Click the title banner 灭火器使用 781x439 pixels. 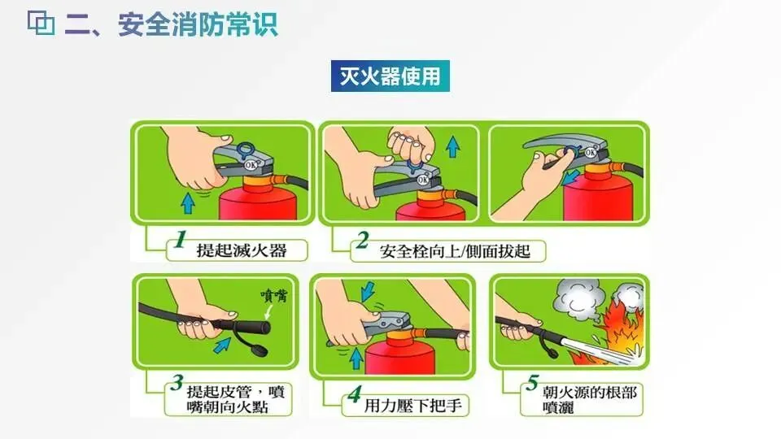pyautogui.click(x=390, y=76)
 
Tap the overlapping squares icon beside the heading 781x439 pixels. pyautogui.click(x=41, y=24)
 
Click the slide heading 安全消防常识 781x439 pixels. pyautogui.click(x=198, y=24)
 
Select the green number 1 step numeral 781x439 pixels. pyautogui.click(x=181, y=239)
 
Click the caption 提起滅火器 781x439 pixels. pyautogui.click(x=242, y=250)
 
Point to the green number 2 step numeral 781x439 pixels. pyautogui.click(x=362, y=241)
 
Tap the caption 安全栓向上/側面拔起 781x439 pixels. pyautogui.click(x=455, y=251)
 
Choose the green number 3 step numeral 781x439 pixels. pyautogui.click(x=177, y=382)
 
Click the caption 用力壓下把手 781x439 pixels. pyautogui.click(x=413, y=406)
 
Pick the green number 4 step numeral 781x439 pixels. pyautogui.click(x=354, y=394)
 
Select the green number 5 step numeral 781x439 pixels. pyautogui.click(x=532, y=382)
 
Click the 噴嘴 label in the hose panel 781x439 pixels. pyautogui.click(x=274, y=296)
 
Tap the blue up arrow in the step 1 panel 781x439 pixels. pyautogui.click(x=188, y=203)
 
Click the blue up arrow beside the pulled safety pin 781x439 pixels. pyautogui.click(x=453, y=147)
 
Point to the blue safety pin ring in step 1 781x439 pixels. pyautogui.click(x=245, y=150)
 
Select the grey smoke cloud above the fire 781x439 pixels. pyautogui.click(x=578, y=301)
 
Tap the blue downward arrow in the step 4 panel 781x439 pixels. pyautogui.click(x=368, y=292)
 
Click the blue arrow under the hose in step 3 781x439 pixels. pyautogui.click(x=222, y=345)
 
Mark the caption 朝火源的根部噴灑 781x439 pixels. pyautogui.click(x=590, y=400)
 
